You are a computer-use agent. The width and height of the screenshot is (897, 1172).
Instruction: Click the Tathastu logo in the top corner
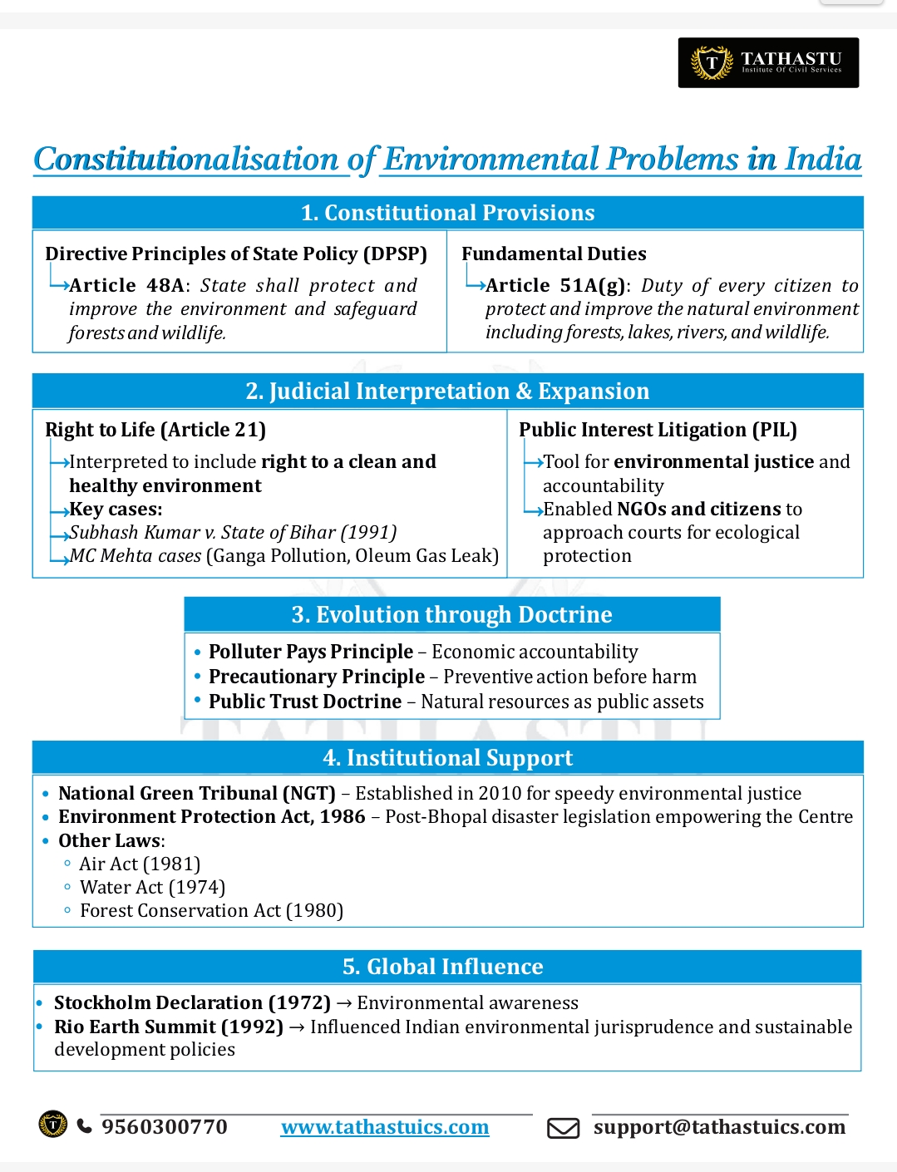(767, 62)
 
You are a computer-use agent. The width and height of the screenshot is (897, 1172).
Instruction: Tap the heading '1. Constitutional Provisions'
(447, 213)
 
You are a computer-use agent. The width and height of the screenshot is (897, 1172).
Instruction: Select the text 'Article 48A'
(127, 285)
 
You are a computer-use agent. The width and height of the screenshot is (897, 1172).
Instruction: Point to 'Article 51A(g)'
(555, 285)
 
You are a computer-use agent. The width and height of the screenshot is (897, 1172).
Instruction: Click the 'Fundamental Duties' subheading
(554, 254)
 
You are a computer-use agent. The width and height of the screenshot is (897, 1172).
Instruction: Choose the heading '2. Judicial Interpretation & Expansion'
(447, 391)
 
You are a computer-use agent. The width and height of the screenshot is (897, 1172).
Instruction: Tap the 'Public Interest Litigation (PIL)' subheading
(658, 430)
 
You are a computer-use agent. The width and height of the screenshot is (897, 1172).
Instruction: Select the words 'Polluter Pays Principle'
(310, 652)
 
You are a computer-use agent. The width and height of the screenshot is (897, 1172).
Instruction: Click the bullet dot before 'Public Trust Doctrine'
(198, 700)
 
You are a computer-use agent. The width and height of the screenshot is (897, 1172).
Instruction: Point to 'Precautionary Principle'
(316, 677)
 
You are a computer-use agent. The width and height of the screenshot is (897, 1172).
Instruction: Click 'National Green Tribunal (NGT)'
(197, 793)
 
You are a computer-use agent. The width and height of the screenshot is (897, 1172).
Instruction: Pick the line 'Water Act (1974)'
(152, 887)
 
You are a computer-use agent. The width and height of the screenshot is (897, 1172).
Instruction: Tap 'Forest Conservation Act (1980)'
(211, 910)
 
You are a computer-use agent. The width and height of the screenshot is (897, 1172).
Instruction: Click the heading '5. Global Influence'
(442, 967)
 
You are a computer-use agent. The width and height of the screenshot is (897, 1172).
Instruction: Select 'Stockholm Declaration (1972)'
(192, 1002)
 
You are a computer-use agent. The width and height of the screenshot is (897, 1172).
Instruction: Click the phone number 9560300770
(165, 1126)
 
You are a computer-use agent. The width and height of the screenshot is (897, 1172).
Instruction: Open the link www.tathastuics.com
(385, 1127)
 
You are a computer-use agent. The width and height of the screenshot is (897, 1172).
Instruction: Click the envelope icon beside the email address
(563, 1128)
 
